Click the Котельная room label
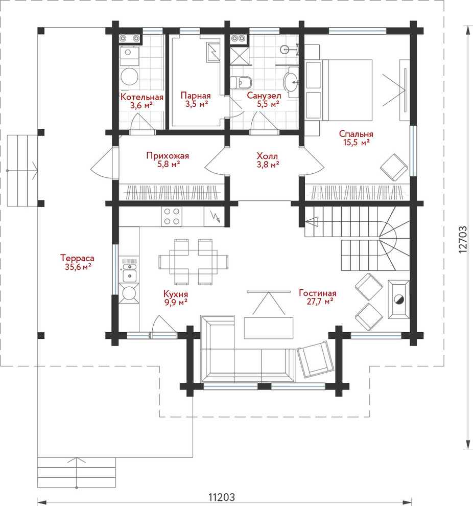[142, 97]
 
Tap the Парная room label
[196, 96]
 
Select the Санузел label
[264, 96]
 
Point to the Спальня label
[356, 134]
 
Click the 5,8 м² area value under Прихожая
[168, 164]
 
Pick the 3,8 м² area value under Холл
[268, 164]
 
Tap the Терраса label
[77, 258]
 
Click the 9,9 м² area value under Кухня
[176, 302]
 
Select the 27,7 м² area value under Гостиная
[320, 302]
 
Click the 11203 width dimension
[222, 497]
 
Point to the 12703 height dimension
[463, 239]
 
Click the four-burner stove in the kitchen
[172, 216]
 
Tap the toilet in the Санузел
[240, 82]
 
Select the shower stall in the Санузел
[239, 56]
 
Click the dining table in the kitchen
[194, 262]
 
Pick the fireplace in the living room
[399, 300]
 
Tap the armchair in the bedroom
[394, 167]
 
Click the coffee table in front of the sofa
[269, 328]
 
